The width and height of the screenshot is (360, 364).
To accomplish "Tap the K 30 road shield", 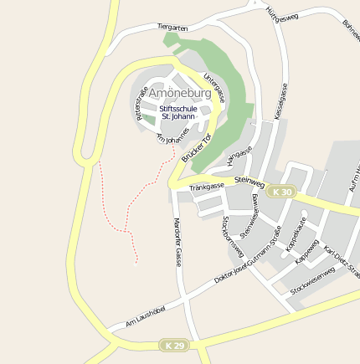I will pos(284,192).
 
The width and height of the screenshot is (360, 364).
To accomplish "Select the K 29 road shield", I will pos(173,346).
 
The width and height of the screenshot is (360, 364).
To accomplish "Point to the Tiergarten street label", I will pos(172,28).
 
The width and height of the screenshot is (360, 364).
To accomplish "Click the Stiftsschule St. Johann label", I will pos(177,111).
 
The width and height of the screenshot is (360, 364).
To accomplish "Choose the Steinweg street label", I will pos(249,180).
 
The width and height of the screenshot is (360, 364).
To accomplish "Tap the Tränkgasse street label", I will pos(207,186).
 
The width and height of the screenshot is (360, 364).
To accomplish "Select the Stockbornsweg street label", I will pos(232,237).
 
